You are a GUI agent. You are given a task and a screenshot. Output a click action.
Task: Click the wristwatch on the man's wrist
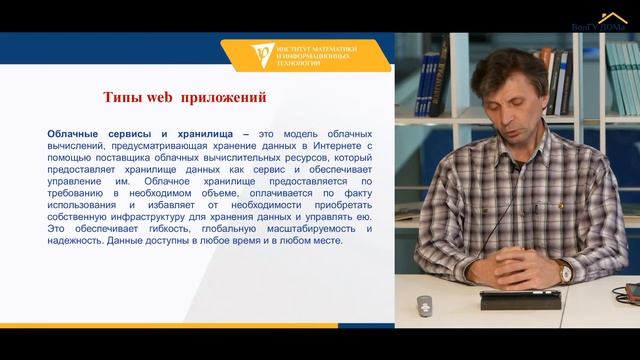point(566,271)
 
